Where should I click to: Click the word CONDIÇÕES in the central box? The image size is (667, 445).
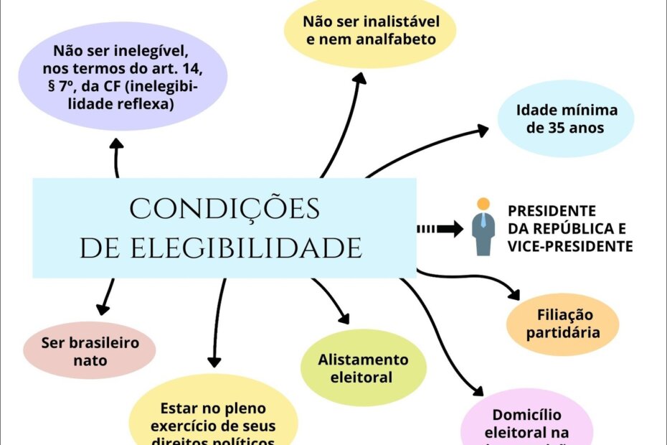[x=224, y=208]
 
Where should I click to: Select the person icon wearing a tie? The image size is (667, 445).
[x=484, y=227]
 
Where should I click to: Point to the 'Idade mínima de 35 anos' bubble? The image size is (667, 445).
[x=566, y=119]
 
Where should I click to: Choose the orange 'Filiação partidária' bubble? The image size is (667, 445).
[x=562, y=324]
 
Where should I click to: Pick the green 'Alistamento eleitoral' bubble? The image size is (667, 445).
[x=363, y=367]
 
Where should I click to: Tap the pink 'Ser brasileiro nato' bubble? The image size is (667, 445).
[x=90, y=351]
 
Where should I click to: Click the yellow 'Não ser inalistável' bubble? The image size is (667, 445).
[x=371, y=29]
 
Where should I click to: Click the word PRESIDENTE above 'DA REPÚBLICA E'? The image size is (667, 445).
[x=552, y=211]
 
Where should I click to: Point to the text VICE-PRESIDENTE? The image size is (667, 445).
[x=570, y=246]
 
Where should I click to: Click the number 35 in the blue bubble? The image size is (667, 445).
[x=559, y=128]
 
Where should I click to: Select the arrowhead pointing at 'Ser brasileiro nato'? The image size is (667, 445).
[x=103, y=309]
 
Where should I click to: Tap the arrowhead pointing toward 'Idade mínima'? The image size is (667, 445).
[x=481, y=130]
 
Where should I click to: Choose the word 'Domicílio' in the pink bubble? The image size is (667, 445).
[x=526, y=415]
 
